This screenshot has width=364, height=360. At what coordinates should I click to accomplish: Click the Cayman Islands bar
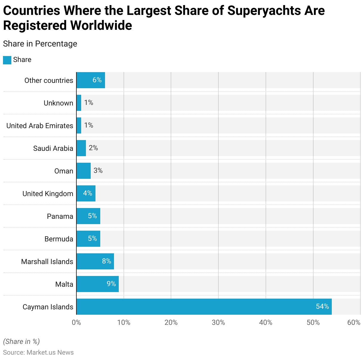(204, 307)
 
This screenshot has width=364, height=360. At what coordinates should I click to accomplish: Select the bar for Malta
(98, 284)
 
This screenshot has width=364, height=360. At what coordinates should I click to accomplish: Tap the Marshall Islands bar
(95, 261)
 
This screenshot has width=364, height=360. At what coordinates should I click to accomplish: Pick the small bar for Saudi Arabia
(81, 148)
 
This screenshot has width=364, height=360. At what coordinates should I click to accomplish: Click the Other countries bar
(91, 80)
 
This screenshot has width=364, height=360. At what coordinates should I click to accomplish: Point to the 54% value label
(322, 306)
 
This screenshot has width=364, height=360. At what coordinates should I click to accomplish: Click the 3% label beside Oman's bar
(98, 170)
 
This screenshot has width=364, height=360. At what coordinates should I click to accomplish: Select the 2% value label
(93, 148)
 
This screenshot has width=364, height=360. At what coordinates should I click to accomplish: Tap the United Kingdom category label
(48, 194)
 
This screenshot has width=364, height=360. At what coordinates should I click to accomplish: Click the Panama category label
(60, 216)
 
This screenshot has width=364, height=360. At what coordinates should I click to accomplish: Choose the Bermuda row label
(59, 239)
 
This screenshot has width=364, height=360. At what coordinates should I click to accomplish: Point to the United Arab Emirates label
(40, 126)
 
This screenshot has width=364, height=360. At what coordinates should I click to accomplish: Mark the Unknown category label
(58, 103)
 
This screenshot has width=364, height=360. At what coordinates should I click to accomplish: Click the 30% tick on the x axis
(218, 322)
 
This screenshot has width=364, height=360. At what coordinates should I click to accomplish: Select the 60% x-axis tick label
(354, 322)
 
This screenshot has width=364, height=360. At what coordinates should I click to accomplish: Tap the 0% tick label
(76, 322)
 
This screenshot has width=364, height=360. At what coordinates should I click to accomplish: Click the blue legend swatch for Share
(7, 60)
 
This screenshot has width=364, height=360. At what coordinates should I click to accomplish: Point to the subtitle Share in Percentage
(40, 44)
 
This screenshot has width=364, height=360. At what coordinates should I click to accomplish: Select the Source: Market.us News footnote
(38, 353)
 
